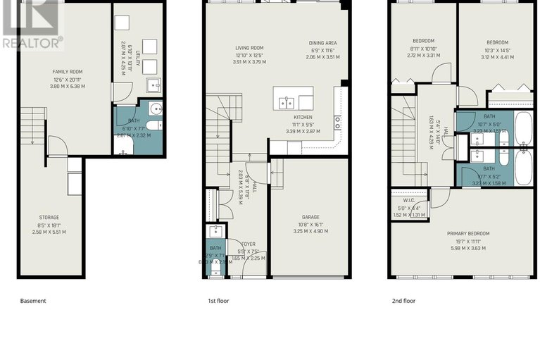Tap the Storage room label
coord(49,217)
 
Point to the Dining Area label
coord(322,43)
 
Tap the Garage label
coord(310,217)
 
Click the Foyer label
coord(251,244)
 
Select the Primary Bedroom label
coord(468,233)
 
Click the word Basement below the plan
coord(33,301)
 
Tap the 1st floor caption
coord(218,301)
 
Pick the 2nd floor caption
coord(403,301)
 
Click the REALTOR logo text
coord(32,42)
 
